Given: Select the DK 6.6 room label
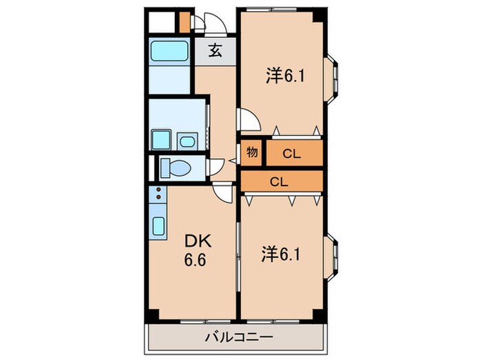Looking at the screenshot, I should tap(198, 252).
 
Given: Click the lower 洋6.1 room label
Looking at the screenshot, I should tap(280, 255).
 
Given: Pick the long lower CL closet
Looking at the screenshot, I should tap(279, 181).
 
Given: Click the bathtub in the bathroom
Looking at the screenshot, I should tap(169, 51).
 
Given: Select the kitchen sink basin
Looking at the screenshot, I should tap(158, 226).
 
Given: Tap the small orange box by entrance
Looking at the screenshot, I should tap(184, 22).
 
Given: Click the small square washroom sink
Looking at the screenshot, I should tap(187, 141).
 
